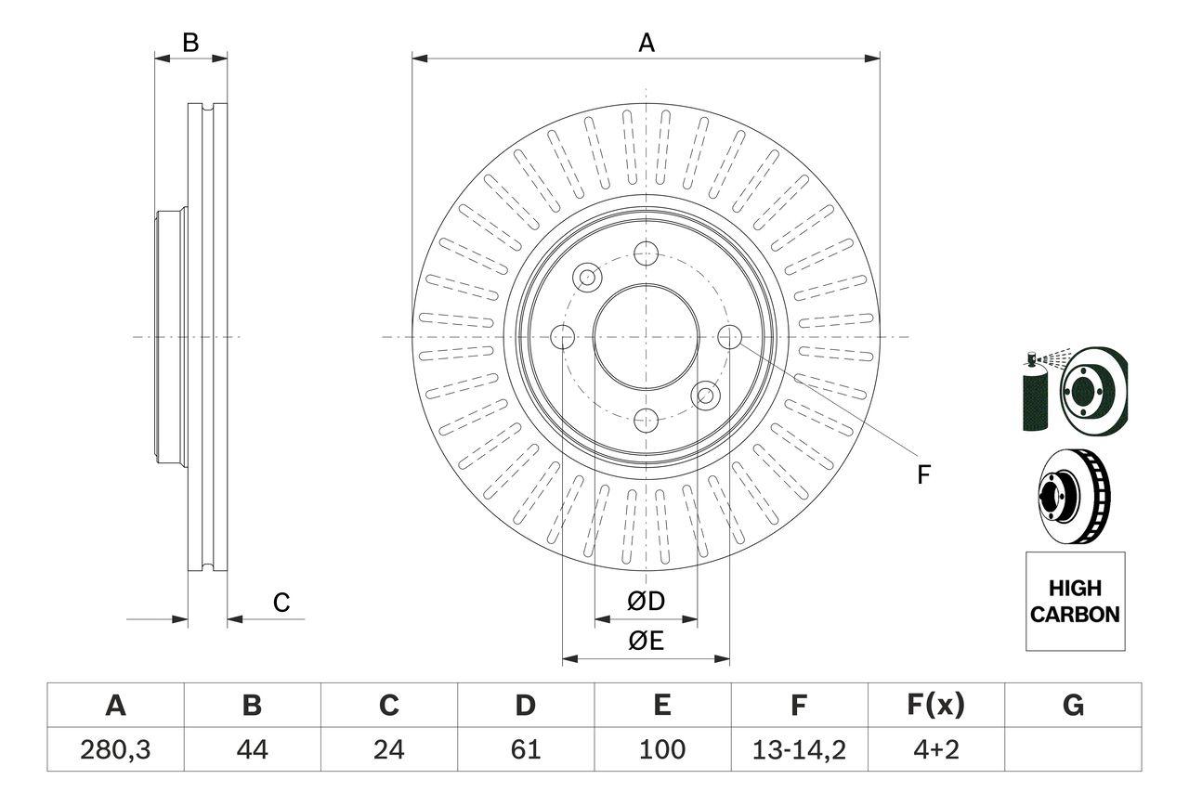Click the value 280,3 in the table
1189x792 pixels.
[115, 749]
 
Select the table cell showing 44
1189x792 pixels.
[252, 749]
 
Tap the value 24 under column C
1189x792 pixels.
[388, 749]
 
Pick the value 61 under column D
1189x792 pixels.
[525, 749]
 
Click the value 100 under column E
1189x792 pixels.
[661, 749]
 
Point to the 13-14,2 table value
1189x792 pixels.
[798, 749]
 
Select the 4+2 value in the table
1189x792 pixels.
[934, 749]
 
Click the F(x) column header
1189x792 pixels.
[934, 706]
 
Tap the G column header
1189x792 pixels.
[1073, 706]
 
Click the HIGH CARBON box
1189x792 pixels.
[1075, 601]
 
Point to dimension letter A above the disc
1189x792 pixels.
[647, 43]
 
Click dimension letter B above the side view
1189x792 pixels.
[190, 43]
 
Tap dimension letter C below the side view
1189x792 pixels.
[281, 603]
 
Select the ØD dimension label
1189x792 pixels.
[647, 602]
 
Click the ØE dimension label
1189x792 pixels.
[647, 641]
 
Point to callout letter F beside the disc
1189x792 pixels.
[923, 475]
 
